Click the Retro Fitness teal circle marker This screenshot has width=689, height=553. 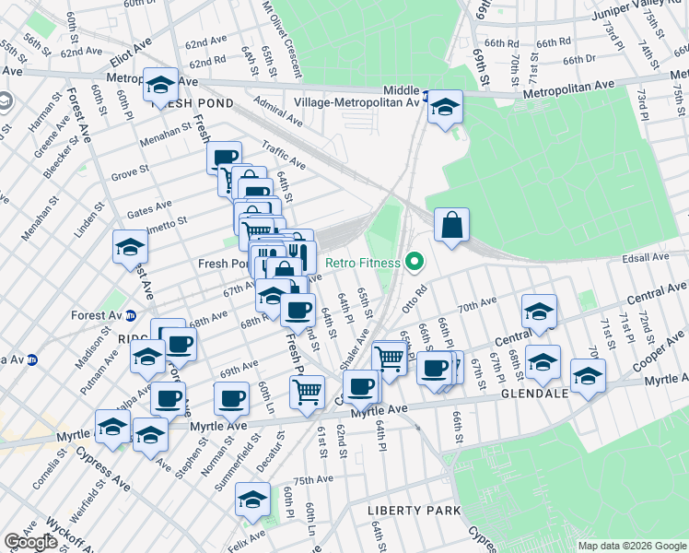point(414,264)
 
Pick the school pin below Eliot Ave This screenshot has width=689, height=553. point(161,87)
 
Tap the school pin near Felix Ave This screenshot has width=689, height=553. point(251,500)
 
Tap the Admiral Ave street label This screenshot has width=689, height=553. point(279,113)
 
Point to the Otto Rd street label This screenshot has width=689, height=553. point(415,302)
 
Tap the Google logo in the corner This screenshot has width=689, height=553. point(30,542)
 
